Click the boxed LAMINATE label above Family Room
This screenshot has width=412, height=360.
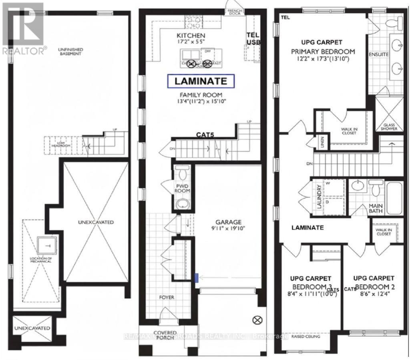pyautogui.click(x=200, y=81)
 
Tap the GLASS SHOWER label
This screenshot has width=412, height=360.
pyautogui.click(x=389, y=127)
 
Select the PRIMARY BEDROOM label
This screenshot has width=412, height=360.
pyautogui.click(x=323, y=51)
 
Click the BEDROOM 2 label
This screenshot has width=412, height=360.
pyautogui.click(x=374, y=287)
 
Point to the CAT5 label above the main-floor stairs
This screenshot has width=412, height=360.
pyautogui.click(x=205, y=135)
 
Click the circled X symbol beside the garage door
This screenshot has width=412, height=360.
pyautogui.click(x=257, y=320)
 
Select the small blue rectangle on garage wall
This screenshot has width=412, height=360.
pyautogui.click(x=196, y=277)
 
